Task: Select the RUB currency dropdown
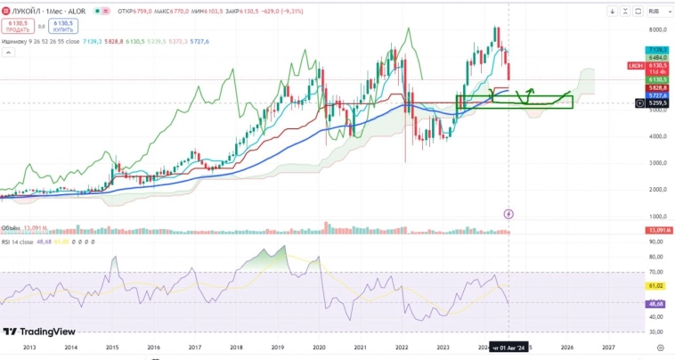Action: click(655, 12)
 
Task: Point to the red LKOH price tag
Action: click(634, 65)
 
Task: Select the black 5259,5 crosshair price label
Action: click(658, 102)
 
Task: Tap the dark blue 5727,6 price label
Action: click(658, 95)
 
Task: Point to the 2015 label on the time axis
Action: click(112, 347)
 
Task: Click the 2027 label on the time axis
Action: click(608, 347)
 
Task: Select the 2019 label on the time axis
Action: click(278, 347)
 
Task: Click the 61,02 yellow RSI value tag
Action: click(658, 286)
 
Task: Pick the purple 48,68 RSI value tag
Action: click(658, 304)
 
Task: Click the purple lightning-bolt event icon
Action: click(508, 214)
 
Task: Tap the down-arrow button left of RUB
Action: click(613, 12)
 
